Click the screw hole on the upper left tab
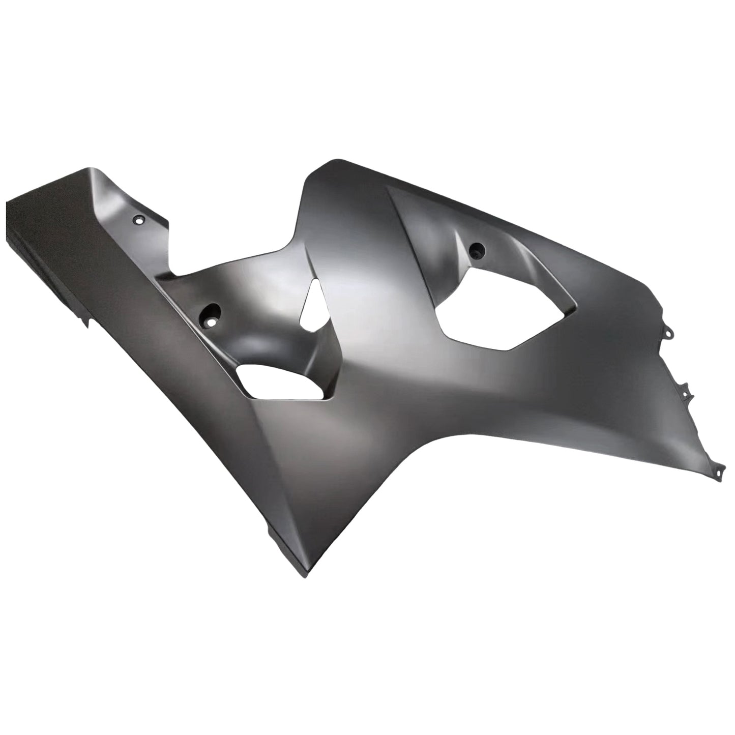click(138, 220)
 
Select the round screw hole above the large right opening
click(477, 250)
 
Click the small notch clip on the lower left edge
click(84, 321)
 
